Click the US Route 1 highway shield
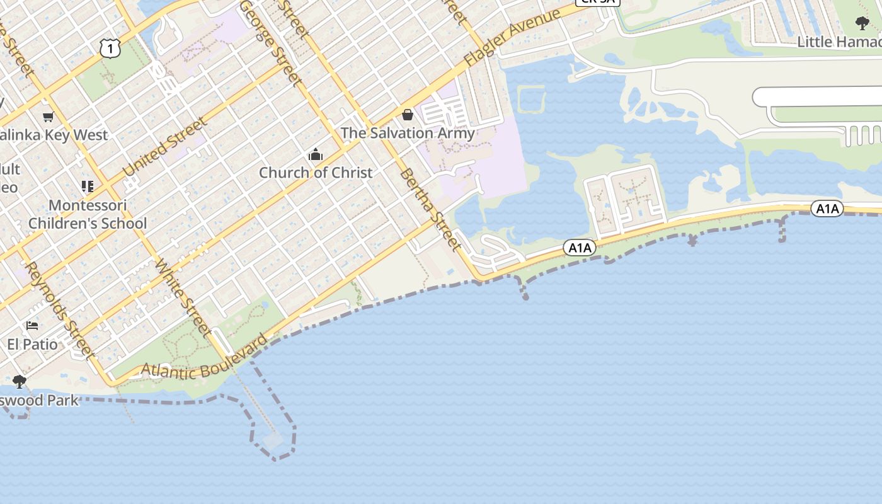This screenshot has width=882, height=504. tap(110, 48)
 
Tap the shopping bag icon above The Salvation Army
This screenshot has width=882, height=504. tap(408, 115)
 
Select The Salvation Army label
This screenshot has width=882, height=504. tap(408, 133)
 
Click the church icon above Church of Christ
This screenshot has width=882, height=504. tap(315, 154)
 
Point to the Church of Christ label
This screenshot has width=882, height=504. tap(316, 172)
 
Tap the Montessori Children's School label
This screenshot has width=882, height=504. tap(88, 214)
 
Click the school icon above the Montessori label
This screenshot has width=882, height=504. tap(88, 186)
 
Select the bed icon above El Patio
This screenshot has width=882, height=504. tap(32, 326)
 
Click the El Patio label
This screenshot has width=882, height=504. tap(33, 344)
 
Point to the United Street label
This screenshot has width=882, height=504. tap(164, 147)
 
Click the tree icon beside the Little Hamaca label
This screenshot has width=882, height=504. tap(862, 23)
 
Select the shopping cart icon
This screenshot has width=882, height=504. tap(48, 117)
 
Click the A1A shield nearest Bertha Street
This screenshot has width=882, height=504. tap(579, 248)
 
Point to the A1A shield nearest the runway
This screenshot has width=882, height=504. tap(827, 209)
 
